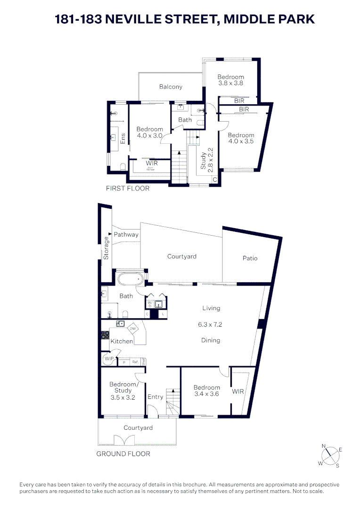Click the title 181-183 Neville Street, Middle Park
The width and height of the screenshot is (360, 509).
point(185,19)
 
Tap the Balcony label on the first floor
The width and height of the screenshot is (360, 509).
point(171,87)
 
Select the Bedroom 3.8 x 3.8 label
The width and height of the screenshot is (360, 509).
point(230,80)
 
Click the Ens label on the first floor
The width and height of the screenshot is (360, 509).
point(123,139)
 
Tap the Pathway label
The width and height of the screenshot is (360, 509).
point(126,235)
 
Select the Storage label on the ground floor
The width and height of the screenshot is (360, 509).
point(106,248)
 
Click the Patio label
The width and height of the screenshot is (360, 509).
point(250,258)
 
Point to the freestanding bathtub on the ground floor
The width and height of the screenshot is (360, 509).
point(130,279)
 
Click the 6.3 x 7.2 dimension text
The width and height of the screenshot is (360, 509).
point(211,325)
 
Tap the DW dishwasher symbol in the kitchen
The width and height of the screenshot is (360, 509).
point(133,329)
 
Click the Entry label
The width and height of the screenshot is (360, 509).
point(155,397)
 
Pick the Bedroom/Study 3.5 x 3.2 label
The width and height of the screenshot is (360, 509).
point(123,391)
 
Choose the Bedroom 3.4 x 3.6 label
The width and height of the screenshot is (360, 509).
point(207,391)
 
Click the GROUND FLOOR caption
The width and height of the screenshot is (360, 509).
point(123,454)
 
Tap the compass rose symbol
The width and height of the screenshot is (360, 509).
point(329,456)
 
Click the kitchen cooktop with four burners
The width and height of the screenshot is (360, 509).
point(105,335)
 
